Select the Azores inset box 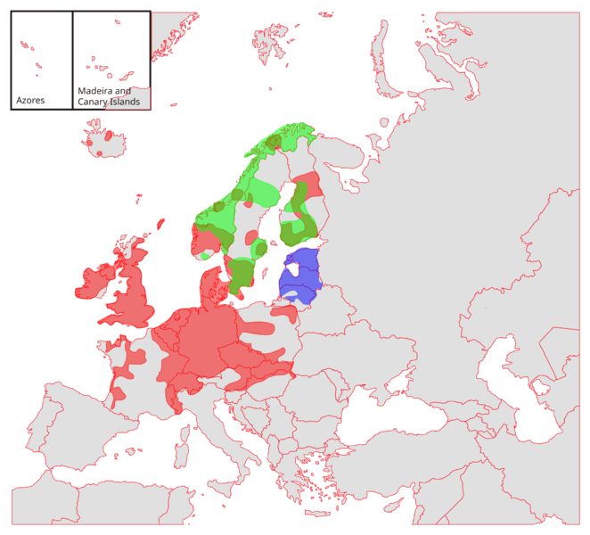coord(40,59)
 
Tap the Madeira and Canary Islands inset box coord(111,59)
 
